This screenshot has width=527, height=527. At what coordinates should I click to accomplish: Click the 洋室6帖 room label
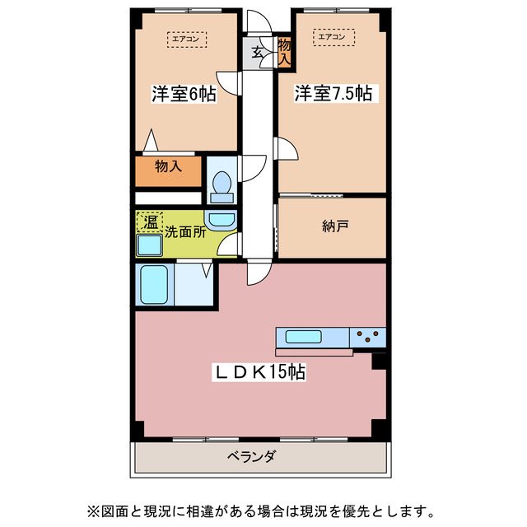[x=183, y=94]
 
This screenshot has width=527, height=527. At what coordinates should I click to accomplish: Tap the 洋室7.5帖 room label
[x=333, y=94]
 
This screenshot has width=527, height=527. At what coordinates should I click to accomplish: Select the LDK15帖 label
[x=260, y=373]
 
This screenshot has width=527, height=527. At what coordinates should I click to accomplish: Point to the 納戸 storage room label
[x=334, y=226]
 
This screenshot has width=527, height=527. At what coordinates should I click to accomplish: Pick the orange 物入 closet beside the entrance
[x=284, y=52]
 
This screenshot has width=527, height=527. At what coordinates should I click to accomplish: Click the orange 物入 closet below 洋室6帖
[x=168, y=168]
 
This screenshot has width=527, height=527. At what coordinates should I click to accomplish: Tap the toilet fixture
[x=221, y=186]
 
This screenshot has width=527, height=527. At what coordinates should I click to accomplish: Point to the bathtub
[x=154, y=285]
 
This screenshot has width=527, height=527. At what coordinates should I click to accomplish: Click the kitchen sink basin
[x=305, y=336]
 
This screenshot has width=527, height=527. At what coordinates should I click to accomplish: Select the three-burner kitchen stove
[x=367, y=336]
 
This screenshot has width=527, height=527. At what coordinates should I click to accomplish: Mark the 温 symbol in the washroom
[x=149, y=222]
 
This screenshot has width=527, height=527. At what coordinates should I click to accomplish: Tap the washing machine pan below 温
[x=149, y=245]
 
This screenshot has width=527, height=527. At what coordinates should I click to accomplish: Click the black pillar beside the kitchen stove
[x=380, y=360]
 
